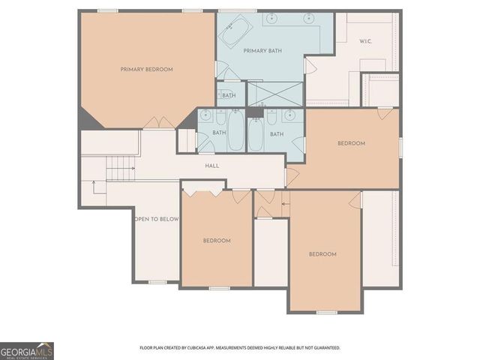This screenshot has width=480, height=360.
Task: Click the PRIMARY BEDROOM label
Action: pyautogui.click(x=146, y=69)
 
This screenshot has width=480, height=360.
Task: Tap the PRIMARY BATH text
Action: pyautogui.click(x=262, y=50)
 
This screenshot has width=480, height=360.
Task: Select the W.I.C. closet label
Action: pyautogui.click(x=366, y=41)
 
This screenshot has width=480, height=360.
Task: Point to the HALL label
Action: pyautogui.click(x=211, y=165)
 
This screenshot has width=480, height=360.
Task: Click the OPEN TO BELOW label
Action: pyautogui.click(x=156, y=219)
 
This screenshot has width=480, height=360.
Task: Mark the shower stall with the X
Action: pyautogui.click(x=274, y=94)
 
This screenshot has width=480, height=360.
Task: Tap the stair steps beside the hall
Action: pyautogui.click(x=119, y=169)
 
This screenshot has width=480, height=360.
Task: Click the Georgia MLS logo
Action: pyautogui.click(x=27, y=350)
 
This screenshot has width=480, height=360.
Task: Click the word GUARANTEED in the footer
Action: pyautogui.click(x=325, y=348)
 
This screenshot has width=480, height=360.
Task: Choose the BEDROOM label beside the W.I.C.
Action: pyautogui.click(x=351, y=143)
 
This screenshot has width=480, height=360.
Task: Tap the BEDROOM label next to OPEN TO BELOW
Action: pyautogui.click(x=217, y=240)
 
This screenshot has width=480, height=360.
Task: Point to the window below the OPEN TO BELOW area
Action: pyautogui.click(x=157, y=282)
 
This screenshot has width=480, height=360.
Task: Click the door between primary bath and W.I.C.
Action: pyautogui.click(x=307, y=65)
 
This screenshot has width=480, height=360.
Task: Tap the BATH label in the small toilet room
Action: pyautogui.click(x=229, y=95)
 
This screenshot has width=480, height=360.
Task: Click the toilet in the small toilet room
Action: pyautogui.click(x=223, y=95)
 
